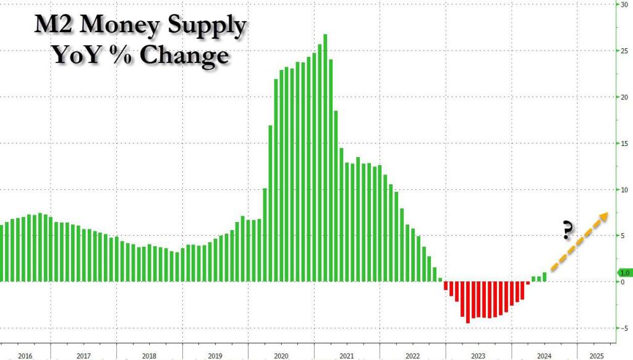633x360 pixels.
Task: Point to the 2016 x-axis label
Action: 25,356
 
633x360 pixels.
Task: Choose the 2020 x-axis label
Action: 281,356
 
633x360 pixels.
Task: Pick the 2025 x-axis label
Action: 597,356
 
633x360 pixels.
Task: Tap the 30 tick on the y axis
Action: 625,5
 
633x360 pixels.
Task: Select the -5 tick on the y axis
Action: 625,328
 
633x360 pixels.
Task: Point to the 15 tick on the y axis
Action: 625,144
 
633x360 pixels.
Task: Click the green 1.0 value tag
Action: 624,272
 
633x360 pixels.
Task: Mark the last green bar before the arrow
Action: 545,276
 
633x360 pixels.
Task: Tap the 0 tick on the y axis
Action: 624,282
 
